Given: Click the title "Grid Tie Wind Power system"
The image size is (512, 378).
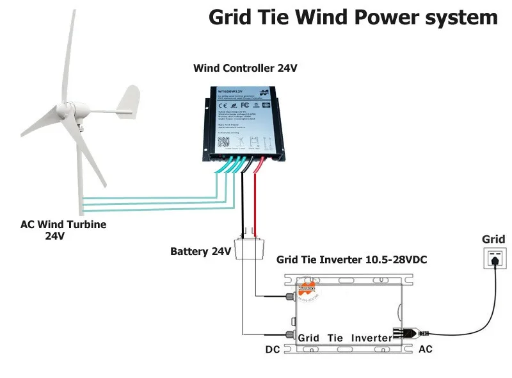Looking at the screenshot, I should click(x=353, y=17).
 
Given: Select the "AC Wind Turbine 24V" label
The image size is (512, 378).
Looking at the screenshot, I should click(x=63, y=230).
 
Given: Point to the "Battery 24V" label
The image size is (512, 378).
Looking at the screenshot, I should click(x=200, y=251).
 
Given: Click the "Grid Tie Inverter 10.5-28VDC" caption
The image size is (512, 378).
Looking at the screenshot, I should click(x=351, y=261).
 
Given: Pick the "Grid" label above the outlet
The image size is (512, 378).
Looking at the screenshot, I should click(x=493, y=240).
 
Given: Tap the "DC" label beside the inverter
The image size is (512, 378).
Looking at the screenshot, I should click(x=273, y=350).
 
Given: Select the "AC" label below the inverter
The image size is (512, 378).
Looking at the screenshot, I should click(x=425, y=350).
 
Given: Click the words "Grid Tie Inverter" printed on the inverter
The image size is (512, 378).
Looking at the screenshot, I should click(x=345, y=338).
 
